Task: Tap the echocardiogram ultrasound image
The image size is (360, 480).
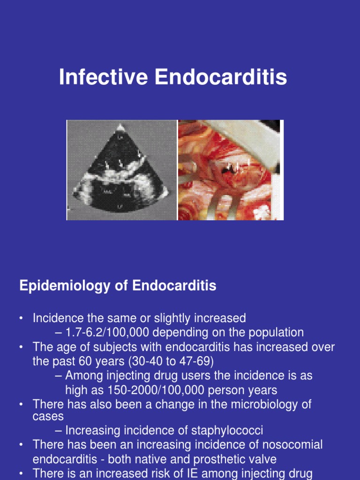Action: click(x=121, y=170)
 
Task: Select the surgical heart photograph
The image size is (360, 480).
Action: click(x=231, y=170)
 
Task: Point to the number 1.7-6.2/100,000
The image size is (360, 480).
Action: click(x=116, y=333)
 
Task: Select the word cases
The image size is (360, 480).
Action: click(x=48, y=416)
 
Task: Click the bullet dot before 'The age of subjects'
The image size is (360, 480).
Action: click(x=22, y=347)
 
